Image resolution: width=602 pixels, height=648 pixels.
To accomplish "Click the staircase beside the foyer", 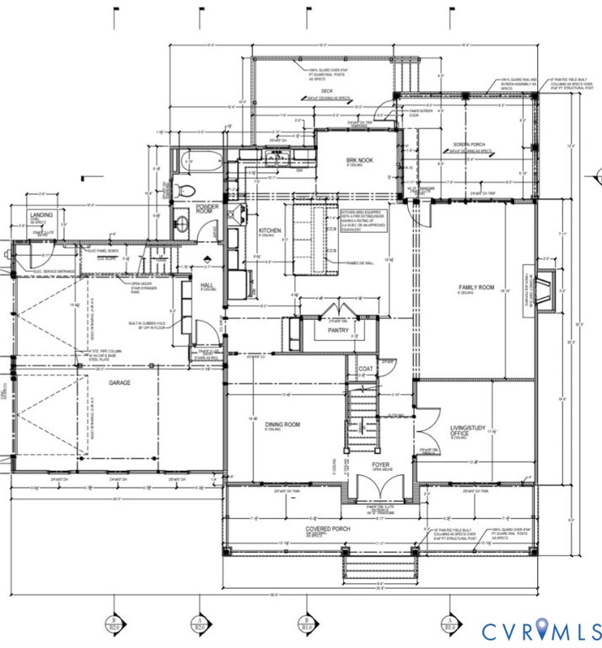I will coord(363,413).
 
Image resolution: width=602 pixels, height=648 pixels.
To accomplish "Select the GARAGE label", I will coord(119,381).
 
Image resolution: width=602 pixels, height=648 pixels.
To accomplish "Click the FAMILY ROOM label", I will coord(476,288).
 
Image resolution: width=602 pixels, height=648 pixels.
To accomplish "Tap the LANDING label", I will coord(41,216).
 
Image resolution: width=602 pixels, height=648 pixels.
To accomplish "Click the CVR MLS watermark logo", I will coord(540,629).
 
